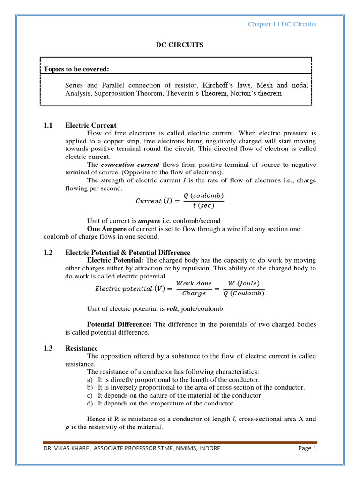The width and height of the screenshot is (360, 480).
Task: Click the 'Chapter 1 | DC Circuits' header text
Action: coord(282,24)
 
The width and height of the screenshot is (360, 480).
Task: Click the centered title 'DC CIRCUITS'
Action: coord(180,45)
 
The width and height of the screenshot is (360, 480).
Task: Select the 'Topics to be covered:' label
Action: coord(76,69)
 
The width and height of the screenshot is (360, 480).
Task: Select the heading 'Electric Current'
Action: coord(91,125)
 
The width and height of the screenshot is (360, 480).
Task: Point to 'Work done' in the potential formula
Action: coord(194,284)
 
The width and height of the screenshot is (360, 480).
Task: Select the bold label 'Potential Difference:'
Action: coord(120,324)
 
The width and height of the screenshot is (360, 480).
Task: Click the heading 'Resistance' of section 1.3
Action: coord(82,348)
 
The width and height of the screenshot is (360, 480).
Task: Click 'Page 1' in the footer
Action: coord(307,448)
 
